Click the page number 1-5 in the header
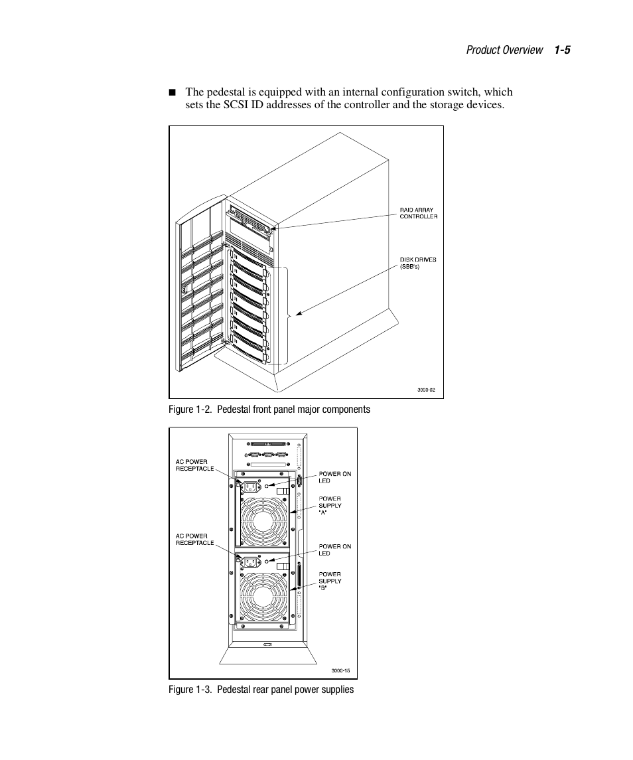pyautogui.click(x=563, y=50)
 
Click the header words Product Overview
pyautogui.click(x=504, y=50)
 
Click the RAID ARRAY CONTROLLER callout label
pyautogui.click(x=418, y=213)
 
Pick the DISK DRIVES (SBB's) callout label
pyautogui.click(x=418, y=263)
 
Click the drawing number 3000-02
pyautogui.click(x=426, y=390)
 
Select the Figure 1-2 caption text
pyautogui.click(x=269, y=410)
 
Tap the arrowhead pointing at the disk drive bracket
pyautogui.click(x=300, y=313)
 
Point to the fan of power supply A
pyautogui.click(x=263, y=522)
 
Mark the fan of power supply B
pyautogui.click(x=263, y=597)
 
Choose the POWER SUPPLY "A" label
pyautogui.click(x=330, y=505)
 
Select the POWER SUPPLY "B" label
pyautogui.click(x=330, y=581)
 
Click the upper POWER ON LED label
pyautogui.click(x=334, y=477)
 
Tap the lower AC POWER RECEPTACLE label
pyautogui.click(x=194, y=539)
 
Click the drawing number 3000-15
pyautogui.click(x=340, y=670)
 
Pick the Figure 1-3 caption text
pyautogui.click(x=261, y=690)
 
